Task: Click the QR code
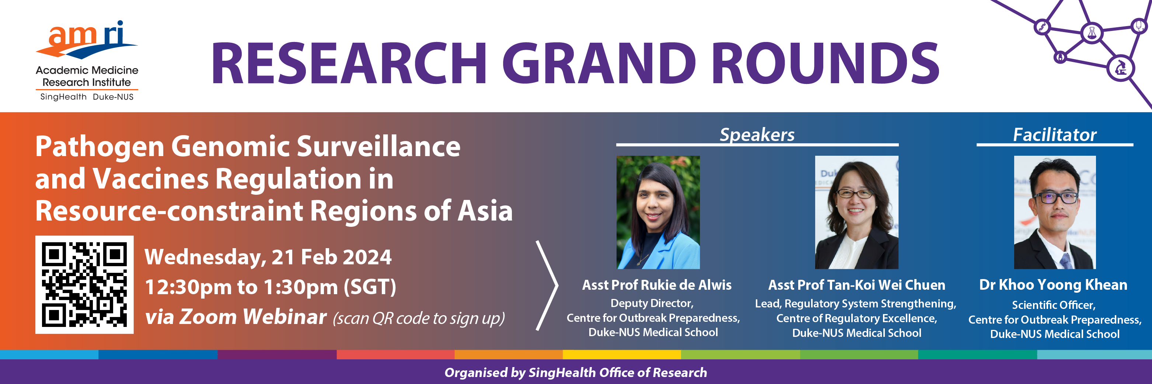click(84, 285)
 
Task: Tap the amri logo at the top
click(87, 60)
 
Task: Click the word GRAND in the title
click(599, 63)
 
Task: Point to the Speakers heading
click(757, 134)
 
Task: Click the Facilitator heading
click(1054, 134)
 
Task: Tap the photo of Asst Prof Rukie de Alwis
click(658, 212)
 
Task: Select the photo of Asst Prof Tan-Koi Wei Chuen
click(856, 212)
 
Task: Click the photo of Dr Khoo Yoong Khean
click(1054, 212)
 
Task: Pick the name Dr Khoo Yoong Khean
click(1053, 285)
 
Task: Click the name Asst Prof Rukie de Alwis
click(656, 285)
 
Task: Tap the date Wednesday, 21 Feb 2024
click(268, 257)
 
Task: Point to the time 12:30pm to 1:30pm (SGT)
click(270, 287)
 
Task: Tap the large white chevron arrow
click(547, 285)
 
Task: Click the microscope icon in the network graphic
click(1121, 68)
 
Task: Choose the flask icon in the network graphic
click(1092, 33)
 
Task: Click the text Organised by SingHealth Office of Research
click(576, 372)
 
